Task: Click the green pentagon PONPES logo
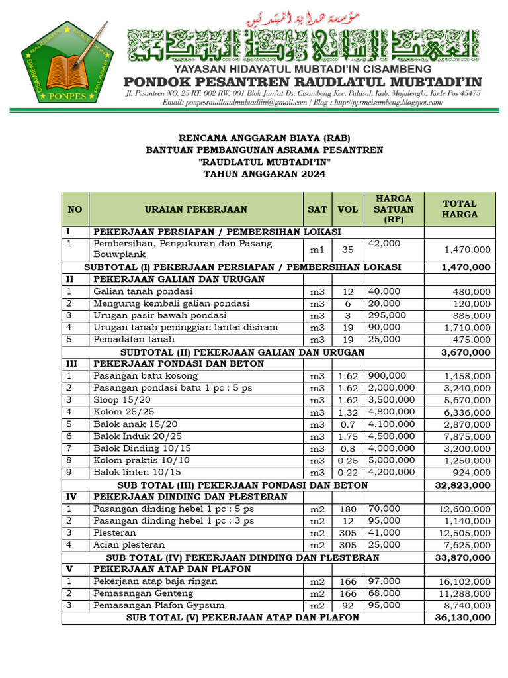tap(67, 62)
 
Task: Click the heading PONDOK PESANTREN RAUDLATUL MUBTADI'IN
tap(304, 81)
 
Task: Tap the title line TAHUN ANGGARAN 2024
tap(265, 174)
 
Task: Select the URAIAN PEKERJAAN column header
tap(196, 209)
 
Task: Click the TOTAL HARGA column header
tap(459, 209)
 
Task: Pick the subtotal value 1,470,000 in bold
tap(466, 267)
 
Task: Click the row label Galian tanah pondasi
tap(143, 291)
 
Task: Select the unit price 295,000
tap(387, 315)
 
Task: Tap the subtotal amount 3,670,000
tap(466, 352)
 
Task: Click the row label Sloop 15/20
tap(122, 400)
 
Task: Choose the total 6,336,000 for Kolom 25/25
tap(467, 412)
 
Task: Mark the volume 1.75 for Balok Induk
tap(347, 436)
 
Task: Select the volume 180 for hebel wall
tap(347, 509)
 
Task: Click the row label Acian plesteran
tap(129, 545)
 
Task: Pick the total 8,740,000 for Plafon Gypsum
tap(467, 606)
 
